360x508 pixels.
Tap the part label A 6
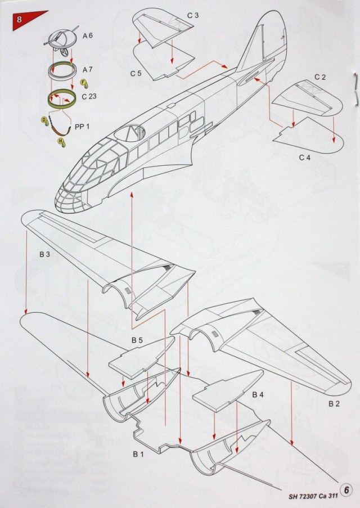tap(88, 35)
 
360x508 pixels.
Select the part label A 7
tap(88, 70)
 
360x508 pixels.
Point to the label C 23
tap(89, 96)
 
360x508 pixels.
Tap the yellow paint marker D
tap(44, 120)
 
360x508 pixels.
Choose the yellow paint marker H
tap(60, 141)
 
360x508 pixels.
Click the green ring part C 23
tap(63, 100)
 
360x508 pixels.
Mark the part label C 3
tap(193, 15)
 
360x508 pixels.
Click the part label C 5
tap(136, 73)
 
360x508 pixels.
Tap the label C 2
tap(320, 76)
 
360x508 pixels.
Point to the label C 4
tap(304, 157)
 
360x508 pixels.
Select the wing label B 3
tap(45, 255)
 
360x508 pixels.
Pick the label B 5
tap(137, 340)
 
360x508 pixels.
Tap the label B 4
tap(258, 395)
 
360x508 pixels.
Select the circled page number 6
tap(348, 489)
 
